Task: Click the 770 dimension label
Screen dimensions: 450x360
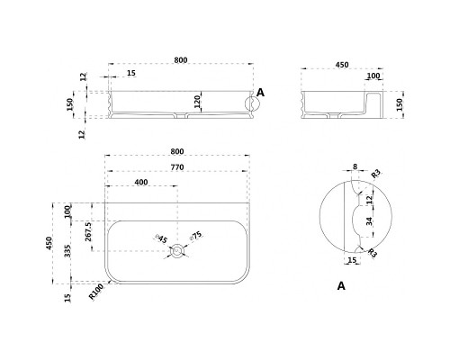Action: click(x=177, y=167)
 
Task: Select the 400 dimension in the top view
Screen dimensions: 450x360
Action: click(x=141, y=182)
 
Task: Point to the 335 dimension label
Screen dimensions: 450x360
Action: click(x=67, y=251)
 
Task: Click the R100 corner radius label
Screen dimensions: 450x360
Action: click(x=96, y=292)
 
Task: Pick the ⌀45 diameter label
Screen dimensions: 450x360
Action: click(x=161, y=238)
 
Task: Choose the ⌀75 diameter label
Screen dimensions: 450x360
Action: click(x=195, y=236)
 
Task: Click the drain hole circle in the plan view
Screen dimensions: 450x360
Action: click(x=177, y=250)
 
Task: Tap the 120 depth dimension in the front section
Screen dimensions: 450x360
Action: click(x=197, y=102)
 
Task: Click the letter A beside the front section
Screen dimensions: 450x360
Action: click(x=261, y=93)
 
